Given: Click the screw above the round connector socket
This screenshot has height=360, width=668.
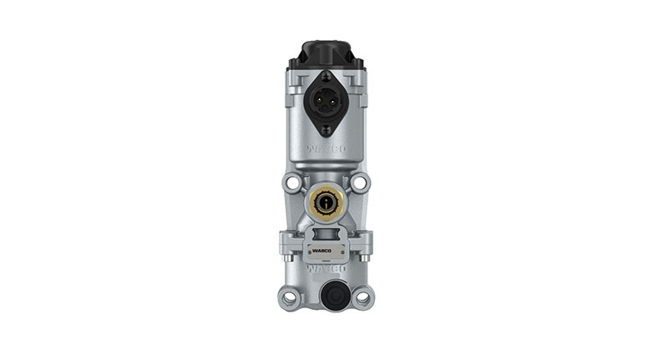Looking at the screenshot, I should pyautogui.click(x=326, y=77).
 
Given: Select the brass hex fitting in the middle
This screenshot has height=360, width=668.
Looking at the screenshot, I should pyautogui.click(x=325, y=201).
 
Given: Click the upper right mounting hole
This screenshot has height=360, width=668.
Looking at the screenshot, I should pyautogui.click(x=361, y=181).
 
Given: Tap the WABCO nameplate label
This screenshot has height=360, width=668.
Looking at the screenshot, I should pyautogui.click(x=326, y=249).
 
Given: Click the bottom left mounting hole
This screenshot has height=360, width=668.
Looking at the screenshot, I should pyautogui.click(x=289, y=297).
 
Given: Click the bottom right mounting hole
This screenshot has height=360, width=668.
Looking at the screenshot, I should pyautogui.click(x=362, y=297).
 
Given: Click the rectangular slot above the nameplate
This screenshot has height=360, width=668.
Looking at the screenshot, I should pyautogui.click(x=326, y=231).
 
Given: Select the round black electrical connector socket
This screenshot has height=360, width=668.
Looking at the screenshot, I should pyautogui.click(x=326, y=99).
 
